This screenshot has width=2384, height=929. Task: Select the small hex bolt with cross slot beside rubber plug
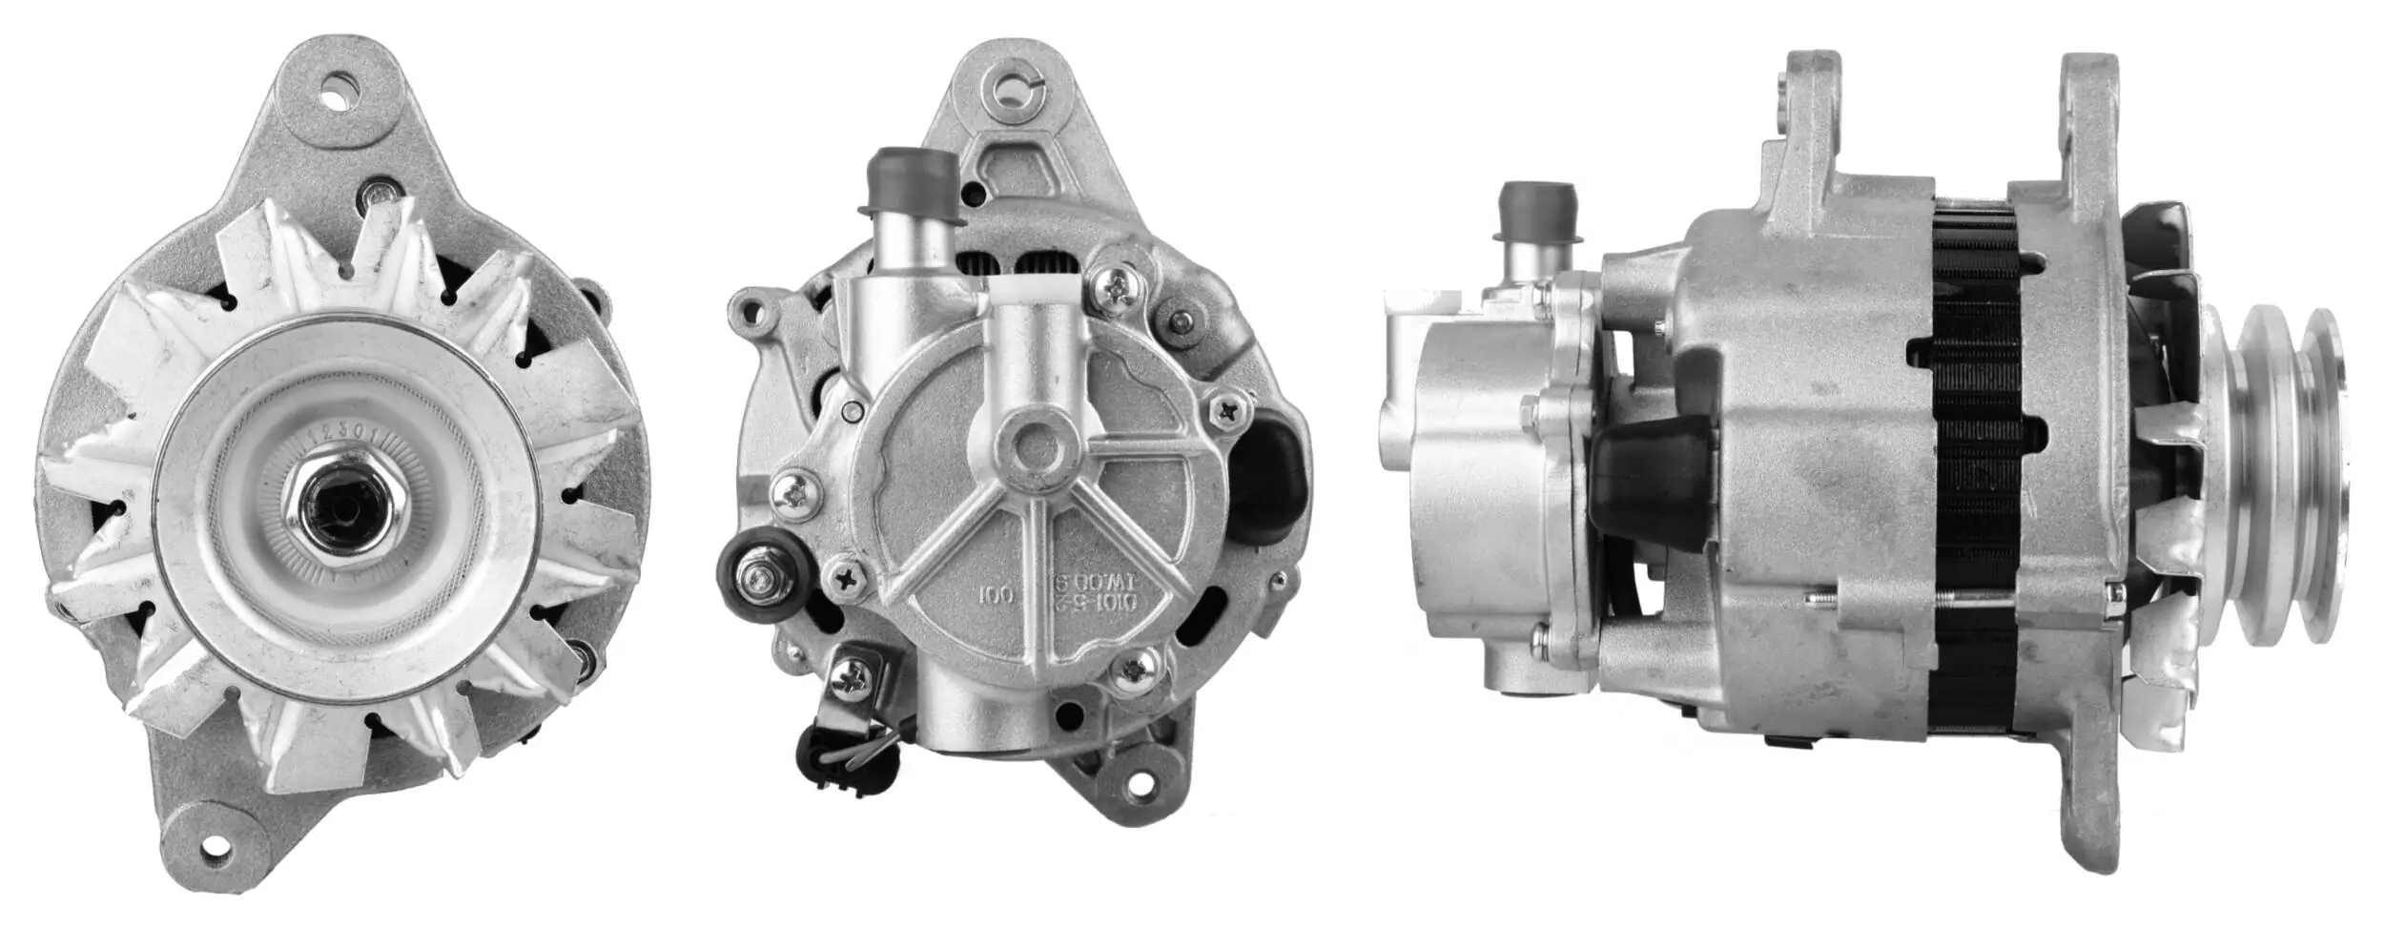1226,411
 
